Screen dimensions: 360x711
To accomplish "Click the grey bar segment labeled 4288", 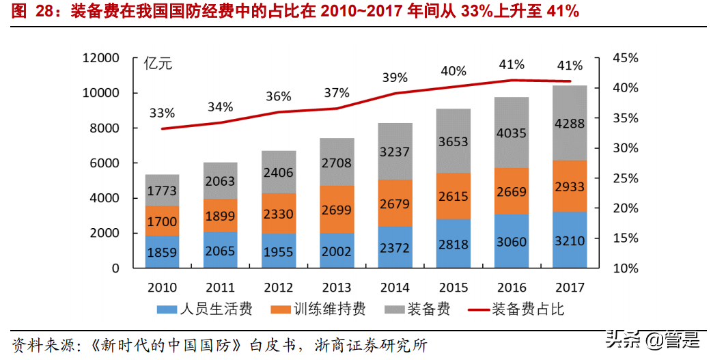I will [x=570, y=124].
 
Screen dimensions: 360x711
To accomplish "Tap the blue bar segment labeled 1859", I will [x=162, y=252].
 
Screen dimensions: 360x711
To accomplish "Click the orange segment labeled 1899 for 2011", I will [x=220, y=215].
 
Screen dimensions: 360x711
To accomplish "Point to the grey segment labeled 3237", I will [x=395, y=152].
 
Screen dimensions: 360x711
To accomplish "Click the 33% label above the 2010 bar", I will [x=162, y=113].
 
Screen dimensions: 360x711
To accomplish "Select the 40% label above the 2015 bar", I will [x=454, y=71].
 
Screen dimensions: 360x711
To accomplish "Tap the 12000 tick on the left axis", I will [x=100, y=58].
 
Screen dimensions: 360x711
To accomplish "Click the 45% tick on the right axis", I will [x=626, y=58].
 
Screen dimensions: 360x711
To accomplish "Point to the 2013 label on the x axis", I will [x=337, y=287].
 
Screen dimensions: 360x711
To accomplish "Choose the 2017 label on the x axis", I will [x=570, y=287].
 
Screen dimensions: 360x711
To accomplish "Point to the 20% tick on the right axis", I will [x=626, y=208].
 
